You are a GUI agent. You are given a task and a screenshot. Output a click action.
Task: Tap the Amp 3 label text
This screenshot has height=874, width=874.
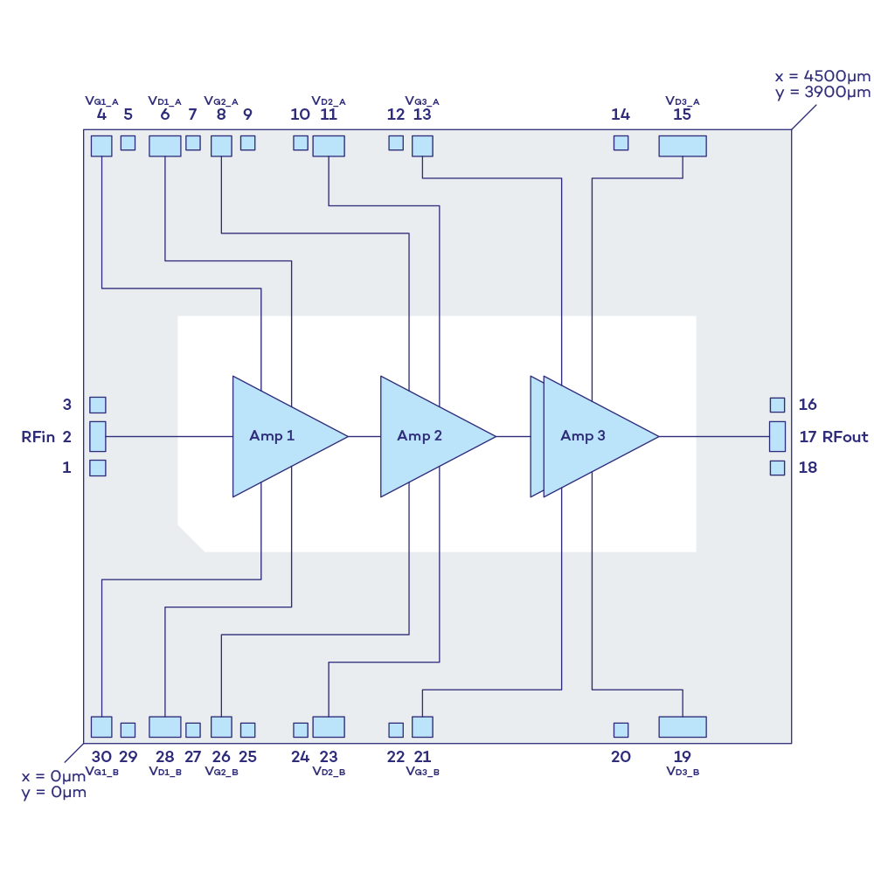tap(583, 436)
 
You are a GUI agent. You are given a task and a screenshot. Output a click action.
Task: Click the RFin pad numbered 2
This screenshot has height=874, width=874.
tap(98, 436)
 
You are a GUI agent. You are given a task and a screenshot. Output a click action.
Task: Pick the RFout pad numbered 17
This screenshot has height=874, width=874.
tap(777, 436)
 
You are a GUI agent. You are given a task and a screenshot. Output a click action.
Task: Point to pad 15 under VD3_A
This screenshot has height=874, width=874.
tap(682, 146)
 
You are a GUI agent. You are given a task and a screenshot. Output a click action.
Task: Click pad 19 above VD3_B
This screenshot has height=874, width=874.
tap(682, 726)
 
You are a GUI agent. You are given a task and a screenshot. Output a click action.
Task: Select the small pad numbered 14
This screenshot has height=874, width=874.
tap(621, 142)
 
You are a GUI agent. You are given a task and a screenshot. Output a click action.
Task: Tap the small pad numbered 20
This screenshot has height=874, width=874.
tap(621, 730)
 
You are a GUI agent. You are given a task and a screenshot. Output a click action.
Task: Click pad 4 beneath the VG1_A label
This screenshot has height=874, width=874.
tap(101, 146)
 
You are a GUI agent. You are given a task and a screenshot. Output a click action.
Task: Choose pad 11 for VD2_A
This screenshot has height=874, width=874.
tap(329, 146)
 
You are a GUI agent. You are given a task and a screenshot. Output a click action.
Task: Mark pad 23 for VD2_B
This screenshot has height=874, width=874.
tap(329, 726)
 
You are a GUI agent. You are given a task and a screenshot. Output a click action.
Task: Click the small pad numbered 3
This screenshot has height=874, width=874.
tap(98, 405)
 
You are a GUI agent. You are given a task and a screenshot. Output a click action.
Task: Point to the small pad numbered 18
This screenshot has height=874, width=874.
tap(777, 468)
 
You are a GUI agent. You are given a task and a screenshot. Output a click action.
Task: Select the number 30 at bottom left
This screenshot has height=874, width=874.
tap(101, 757)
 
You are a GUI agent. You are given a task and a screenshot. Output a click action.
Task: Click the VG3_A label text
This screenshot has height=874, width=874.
tap(422, 101)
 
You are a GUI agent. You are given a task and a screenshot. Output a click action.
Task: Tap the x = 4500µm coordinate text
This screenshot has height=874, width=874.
tap(822, 76)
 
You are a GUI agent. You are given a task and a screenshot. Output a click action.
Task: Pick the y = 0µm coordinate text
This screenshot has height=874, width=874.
tap(54, 793)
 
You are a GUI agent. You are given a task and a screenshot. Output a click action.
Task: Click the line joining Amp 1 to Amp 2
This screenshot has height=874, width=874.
tap(364, 436)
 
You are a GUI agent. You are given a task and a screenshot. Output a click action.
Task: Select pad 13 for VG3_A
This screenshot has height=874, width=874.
tap(422, 146)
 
